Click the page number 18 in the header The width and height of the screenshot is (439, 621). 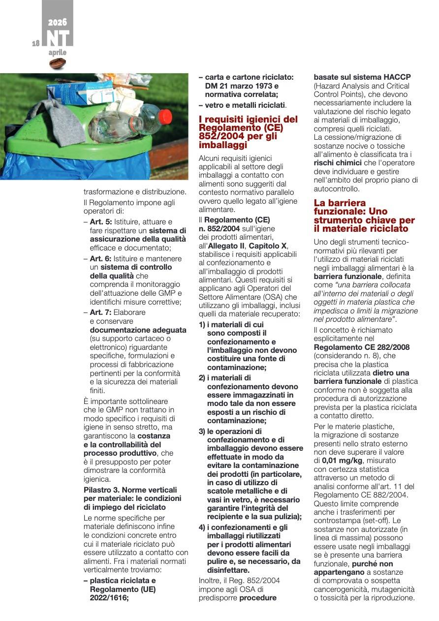pyautogui.click(x=35, y=43)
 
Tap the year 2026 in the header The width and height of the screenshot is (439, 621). pyautogui.click(x=58, y=22)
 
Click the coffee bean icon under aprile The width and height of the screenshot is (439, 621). pyautogui.click(x=58, y=63)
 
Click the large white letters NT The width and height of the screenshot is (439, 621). pyautogui.click(x=58, y=38)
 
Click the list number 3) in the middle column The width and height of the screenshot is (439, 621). pyautogui.click(x=202, y=432)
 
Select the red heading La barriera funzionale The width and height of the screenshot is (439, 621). pyautogui.click(x=364, y=216)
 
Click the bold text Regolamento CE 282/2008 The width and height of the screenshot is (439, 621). pyautogui.click(x=361, y=347)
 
